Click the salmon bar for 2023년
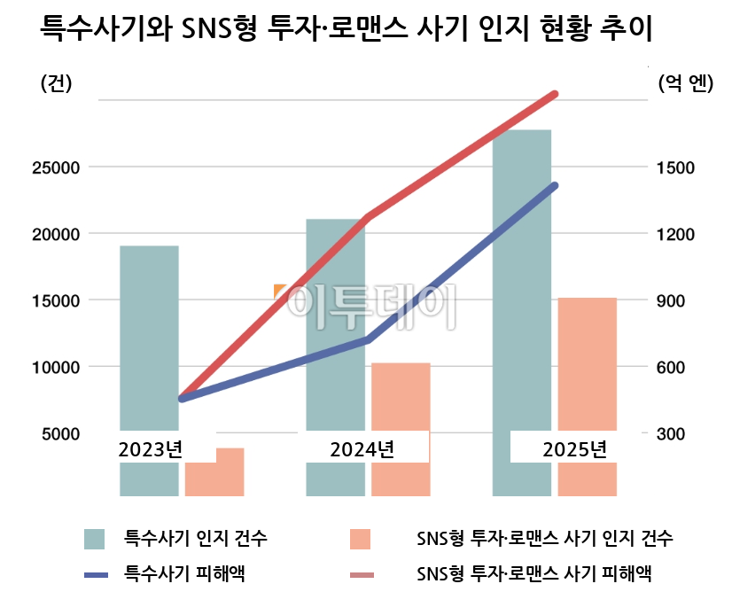[214, 474]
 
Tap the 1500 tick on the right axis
[676, 167]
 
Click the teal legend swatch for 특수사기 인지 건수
[95, 539]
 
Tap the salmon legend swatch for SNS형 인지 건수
[360, 539]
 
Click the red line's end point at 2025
[555, 93]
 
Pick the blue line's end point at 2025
[555, 185]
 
